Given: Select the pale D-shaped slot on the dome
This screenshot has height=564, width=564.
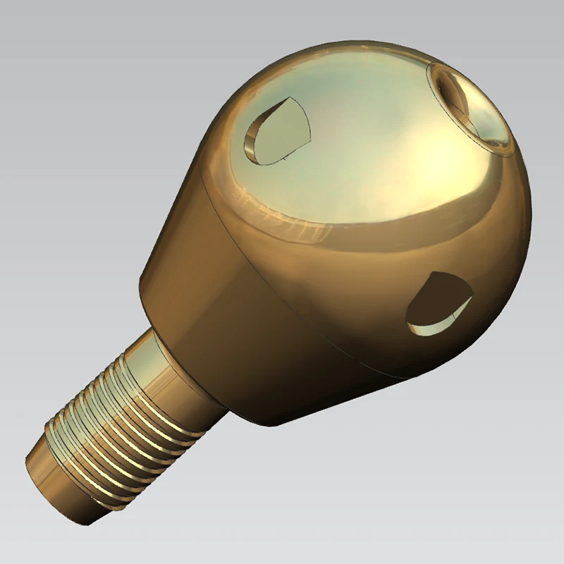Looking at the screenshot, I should pos(276,130).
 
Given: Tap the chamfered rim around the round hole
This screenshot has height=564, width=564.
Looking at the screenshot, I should pos(493,145).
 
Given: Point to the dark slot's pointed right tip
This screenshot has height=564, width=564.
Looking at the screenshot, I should pos(471,297).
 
